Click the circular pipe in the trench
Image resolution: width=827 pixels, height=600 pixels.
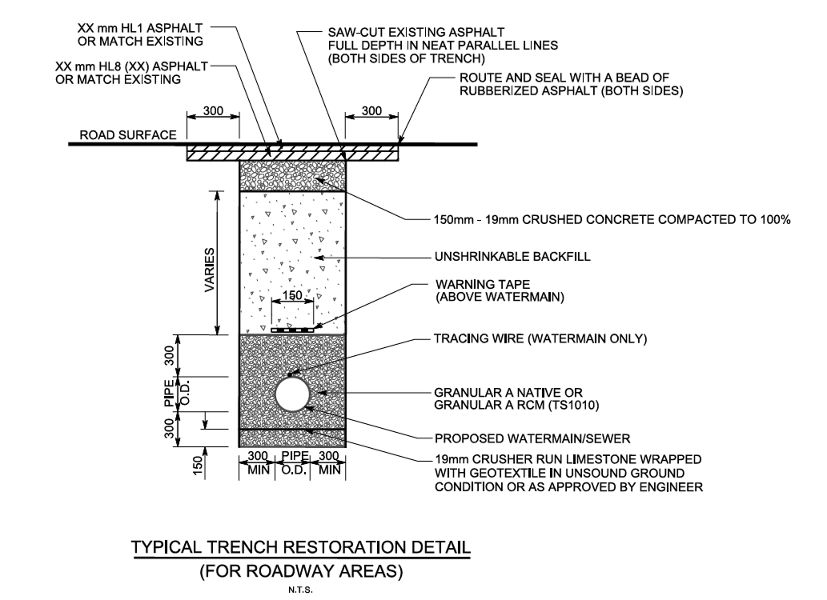click(293, 394)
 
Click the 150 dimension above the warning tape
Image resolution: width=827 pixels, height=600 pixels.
click(292, 296)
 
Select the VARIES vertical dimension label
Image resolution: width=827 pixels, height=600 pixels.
click(209, 270)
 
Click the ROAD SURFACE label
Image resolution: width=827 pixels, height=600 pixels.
click(127, 135)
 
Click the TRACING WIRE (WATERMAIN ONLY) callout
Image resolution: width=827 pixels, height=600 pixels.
click(540, 339)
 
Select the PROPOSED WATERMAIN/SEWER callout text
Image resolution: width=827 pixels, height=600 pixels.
click(532, 438)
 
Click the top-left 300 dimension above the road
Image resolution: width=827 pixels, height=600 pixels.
click(213, 111)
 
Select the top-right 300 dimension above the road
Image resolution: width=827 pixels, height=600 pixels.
click(371, 111)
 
